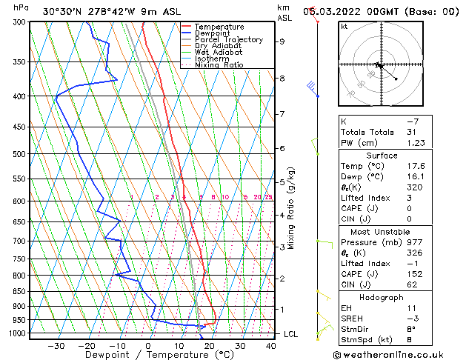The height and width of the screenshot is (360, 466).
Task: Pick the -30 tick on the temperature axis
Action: [x=56, y=346]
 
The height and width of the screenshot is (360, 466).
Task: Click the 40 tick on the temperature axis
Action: [x=271, y=346]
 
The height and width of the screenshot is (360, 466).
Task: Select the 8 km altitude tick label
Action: [x=282, y=79]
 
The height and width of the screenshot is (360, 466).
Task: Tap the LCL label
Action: [x=291, y=334]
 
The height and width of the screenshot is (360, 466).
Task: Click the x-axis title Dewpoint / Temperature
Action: [x=148, y=355]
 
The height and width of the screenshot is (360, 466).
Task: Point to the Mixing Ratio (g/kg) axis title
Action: [x=292, y=207]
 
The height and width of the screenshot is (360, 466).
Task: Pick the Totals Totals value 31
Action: [x=412, y=132]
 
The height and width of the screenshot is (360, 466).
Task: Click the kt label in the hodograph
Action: [x=344, y=26]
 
